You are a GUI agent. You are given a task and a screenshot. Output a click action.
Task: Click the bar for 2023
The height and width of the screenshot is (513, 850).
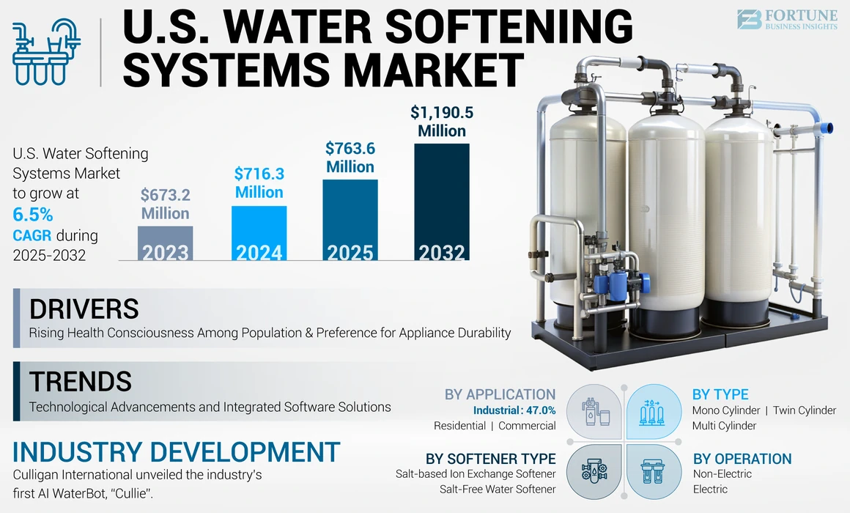(166, 243)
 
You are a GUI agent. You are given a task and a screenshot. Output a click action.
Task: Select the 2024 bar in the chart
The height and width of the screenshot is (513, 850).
(259, 233)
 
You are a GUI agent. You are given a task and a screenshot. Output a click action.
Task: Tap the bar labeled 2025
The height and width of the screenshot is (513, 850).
(350, 220)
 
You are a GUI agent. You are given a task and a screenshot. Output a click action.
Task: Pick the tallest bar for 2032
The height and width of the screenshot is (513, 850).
(442, 202)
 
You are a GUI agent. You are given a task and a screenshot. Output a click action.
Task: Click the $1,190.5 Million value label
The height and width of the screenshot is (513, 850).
(442, 122)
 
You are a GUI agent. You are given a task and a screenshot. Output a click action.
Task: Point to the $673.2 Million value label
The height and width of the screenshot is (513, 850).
(166, 204)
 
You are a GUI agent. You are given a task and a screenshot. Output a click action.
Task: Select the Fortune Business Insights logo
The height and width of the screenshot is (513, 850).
(786, 20)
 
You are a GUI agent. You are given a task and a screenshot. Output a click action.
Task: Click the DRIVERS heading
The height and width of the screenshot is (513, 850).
(84, 309)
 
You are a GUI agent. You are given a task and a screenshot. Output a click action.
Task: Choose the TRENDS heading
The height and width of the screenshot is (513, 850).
(80, 382)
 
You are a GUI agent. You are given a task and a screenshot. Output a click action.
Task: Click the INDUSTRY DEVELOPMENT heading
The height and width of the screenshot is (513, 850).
(177, 451)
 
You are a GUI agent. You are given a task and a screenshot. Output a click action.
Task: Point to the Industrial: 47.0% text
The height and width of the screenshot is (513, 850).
(514, 410)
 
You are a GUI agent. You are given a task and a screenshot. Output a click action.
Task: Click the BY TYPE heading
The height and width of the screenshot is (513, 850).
(720, 394)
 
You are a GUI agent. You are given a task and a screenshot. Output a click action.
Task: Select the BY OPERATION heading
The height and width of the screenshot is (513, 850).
(742, 459)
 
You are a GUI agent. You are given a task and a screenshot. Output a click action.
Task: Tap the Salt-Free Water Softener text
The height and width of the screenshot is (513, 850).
(498, 489)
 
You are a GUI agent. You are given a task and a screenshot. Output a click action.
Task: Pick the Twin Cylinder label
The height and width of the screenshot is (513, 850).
(804, 410)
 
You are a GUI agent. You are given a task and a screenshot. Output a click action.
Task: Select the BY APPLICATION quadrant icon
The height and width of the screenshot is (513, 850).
(594, 411)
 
